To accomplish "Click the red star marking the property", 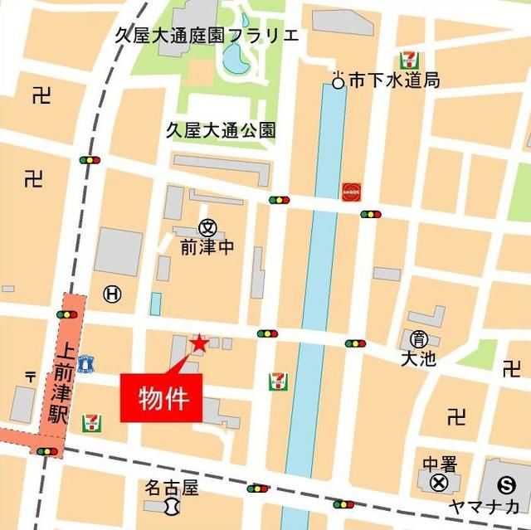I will pyautogui.click(x=199, y=343).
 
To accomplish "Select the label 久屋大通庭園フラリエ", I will pyautogui.click(x=207, y=36).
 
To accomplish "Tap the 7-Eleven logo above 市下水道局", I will pyautogui.click(x=408, y=59).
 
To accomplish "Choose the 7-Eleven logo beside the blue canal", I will pyautogui.click(x=278, y=382).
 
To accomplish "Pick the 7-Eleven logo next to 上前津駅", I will pyautogui.click(x=91, y=423).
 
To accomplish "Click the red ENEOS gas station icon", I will pyautogui.click(x=351, y=190).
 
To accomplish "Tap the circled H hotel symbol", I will pyautogui.click(x=112, y=293).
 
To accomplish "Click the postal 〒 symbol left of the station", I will pyautogui.click(x=31, y=377).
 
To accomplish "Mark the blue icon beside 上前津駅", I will pyautogui.click(x=85, y=362).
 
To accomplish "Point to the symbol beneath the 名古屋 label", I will pyautogui.click(x=172, y=505).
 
